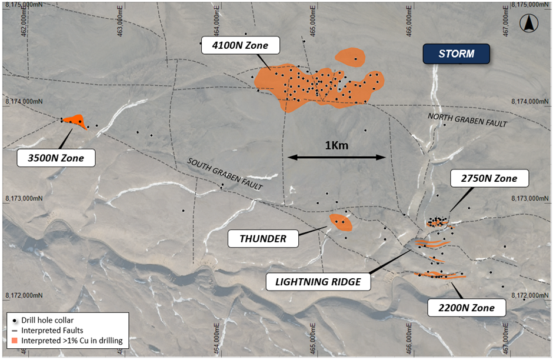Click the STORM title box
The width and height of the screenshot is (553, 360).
(456, 54)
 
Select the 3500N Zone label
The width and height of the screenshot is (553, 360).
(56, 158)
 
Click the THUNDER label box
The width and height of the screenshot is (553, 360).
(263, 238)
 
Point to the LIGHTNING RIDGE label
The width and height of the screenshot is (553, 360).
(318, 281)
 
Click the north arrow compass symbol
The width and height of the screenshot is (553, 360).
(528, 24)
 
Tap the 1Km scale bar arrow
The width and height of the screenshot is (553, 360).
(337, 157)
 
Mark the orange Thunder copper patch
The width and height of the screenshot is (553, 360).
(341, 222)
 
